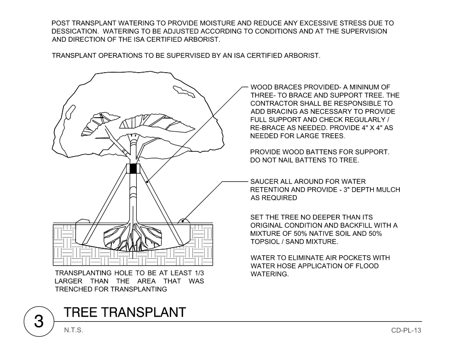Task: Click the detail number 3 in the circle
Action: coord(39,321)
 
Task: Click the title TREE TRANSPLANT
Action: coord(125,312)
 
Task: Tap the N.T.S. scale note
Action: coord(74,330)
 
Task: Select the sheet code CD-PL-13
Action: coord(406,330)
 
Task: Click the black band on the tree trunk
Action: coord(133,169)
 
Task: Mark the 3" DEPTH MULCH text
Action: coord(372,189)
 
